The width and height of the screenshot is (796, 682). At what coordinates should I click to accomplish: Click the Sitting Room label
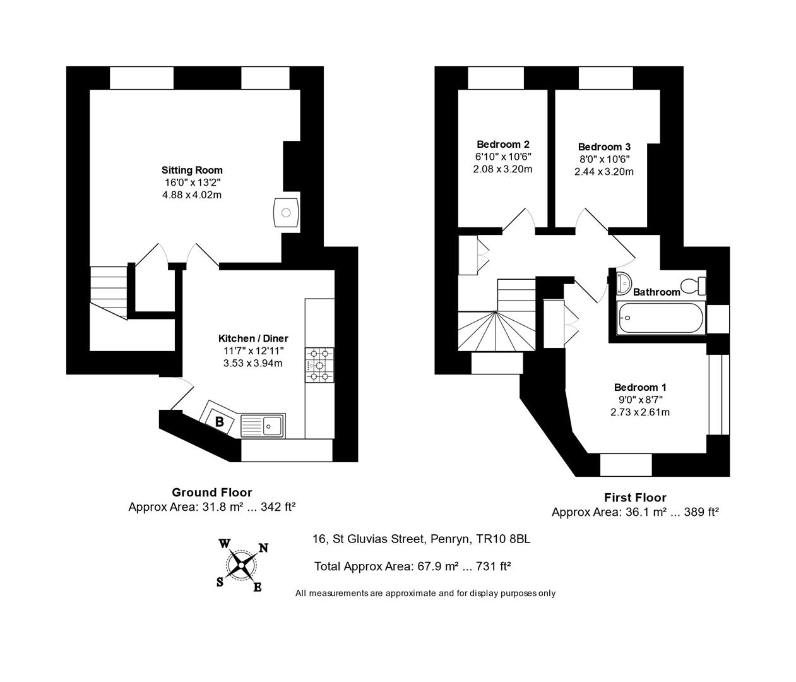coord(192,170)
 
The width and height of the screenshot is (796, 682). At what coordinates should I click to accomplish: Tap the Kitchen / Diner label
coord(253,338)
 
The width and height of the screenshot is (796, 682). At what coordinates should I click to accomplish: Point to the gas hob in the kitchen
coord(319,365)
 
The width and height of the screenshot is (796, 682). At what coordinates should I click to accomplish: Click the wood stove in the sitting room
coord(285,212)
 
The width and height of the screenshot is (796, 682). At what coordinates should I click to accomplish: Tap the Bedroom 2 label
coord(503,144)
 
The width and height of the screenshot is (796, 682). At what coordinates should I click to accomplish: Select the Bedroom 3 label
coord(604,147)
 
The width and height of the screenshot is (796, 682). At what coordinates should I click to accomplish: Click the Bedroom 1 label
coord(640,387)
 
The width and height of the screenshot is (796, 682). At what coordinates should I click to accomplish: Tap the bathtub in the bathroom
coord(661,318)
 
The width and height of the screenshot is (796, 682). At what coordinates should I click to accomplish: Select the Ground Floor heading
coord(212,493)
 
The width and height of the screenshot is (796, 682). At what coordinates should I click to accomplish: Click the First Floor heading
coord(635,498)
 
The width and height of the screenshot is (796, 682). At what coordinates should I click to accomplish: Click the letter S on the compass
coord(220,582)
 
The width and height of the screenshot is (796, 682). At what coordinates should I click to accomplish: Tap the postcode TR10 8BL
coord(503,539)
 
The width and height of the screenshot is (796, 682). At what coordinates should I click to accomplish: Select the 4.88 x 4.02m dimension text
coord(192,194)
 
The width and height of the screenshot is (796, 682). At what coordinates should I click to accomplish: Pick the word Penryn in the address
coord(451,539)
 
